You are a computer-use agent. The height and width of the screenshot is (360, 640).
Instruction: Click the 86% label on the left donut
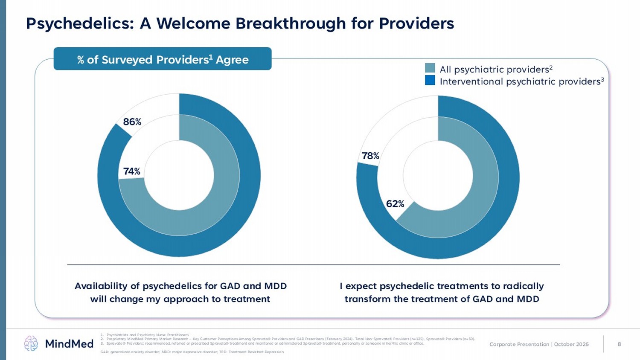[x=132, y=122]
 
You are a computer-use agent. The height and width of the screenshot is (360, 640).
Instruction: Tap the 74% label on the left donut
[x=131, y=171]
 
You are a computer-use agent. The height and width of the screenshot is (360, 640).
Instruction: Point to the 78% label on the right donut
[x=370, y=156]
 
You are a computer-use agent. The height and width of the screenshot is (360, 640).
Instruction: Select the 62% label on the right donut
[x=395, y=204]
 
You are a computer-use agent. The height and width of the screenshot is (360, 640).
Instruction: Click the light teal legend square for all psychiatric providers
[x=430, y=68]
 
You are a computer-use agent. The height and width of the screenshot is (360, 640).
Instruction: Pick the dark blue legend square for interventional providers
[x=430, y=80]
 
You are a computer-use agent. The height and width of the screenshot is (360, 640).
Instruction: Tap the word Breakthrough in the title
[x=290, y=23]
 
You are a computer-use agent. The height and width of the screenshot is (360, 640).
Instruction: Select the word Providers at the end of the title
[x=416, y=23]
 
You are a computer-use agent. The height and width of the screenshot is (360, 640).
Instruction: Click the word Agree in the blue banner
[x=232, y=60]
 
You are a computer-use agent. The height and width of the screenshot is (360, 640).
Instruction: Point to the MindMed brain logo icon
[x=31, y=343]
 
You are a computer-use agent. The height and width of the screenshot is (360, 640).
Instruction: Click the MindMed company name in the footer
[x=69, y=344]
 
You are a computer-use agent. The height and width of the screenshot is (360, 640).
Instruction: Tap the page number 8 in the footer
[x=619, y=344]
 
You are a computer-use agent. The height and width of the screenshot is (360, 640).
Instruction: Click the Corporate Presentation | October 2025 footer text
[x=539, y=344]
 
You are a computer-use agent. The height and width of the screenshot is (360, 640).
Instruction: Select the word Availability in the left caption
[x=101, y=286]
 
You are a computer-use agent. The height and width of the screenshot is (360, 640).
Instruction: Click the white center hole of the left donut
[x=179, y=175]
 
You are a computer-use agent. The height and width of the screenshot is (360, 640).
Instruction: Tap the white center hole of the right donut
[x=438, y=177]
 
